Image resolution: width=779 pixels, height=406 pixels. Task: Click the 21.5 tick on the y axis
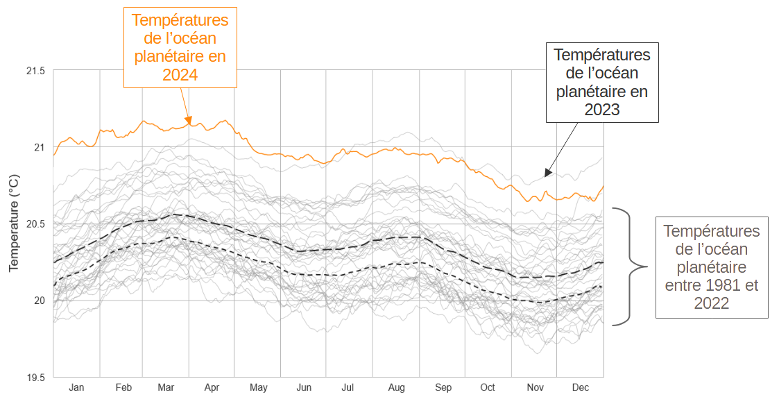point(35,71)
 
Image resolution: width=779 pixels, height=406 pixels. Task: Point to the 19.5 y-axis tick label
point(35,378)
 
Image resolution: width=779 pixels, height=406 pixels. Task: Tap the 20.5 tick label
point(35,224)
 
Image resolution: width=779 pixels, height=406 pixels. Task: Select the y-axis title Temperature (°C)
point(13,223)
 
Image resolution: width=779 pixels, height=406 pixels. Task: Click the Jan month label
point(76,387)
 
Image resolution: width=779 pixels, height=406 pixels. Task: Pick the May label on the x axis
point(258,387)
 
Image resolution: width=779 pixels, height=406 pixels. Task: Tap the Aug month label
point(396,387)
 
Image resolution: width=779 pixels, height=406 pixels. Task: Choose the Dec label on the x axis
point(580,387)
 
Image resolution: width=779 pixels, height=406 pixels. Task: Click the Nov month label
point(535,387)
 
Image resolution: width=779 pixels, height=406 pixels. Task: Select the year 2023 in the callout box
point(602,110)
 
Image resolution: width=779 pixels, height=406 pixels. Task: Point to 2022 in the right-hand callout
point(712,303)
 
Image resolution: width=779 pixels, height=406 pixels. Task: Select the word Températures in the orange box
point(180,21)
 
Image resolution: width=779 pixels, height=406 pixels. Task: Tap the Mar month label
point(166,387)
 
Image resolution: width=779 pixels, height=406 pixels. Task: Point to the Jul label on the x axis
point(348,387)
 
